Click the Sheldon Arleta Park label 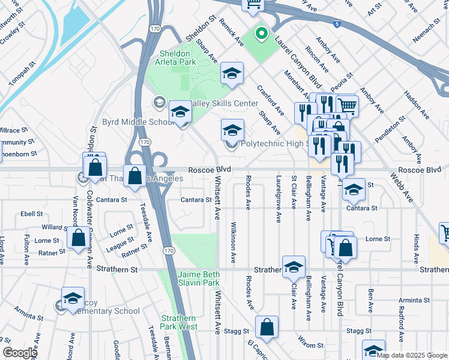tap(178, 57)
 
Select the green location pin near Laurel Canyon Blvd tap(261, 34)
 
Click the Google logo tap(20, 352)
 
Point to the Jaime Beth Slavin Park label tap(199, 278)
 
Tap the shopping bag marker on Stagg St tap(267, 328)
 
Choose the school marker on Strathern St tap(294, 268)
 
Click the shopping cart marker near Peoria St tap(347, 106)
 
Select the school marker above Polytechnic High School tap(232, 130)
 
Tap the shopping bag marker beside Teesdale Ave tap(135, 176)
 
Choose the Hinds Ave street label tap(415, 245)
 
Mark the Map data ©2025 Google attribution tap(412, 355)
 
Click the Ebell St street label tap(31, 213)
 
